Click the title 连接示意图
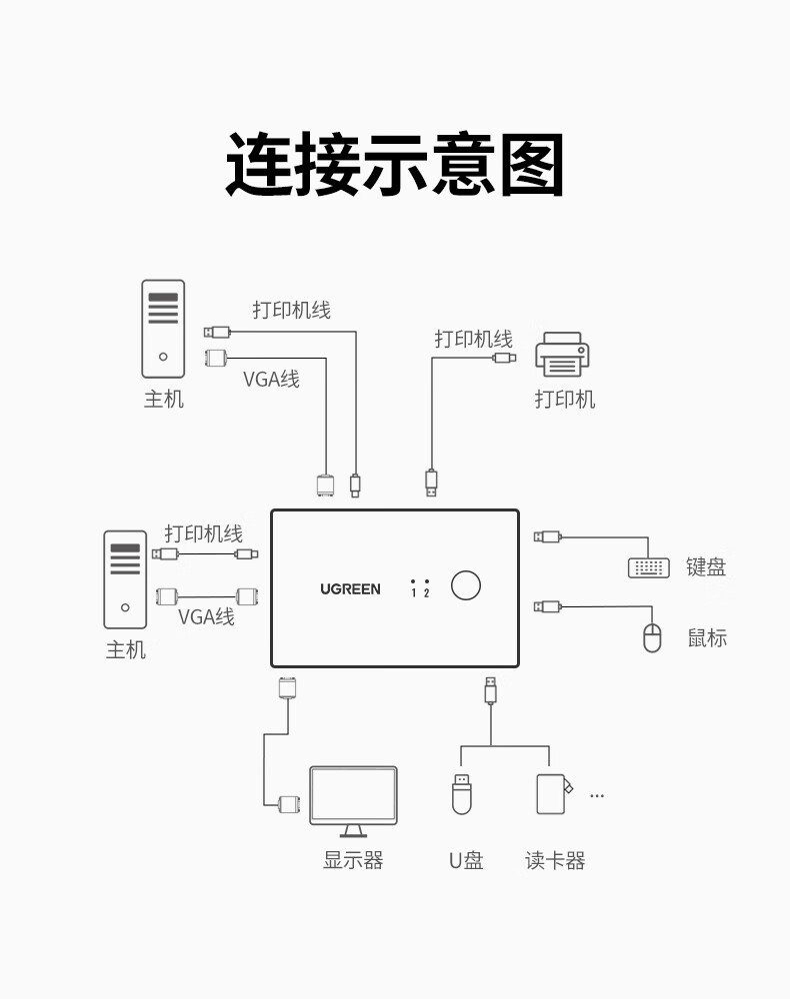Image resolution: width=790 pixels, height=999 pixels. (395, 165)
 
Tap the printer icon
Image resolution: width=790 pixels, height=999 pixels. (562, 356)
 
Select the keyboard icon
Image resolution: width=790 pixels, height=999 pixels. (649, 567)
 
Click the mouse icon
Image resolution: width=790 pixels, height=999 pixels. (652, 637)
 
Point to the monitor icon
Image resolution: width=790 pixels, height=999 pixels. (353, 800)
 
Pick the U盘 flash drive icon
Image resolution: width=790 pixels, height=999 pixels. (461, 793)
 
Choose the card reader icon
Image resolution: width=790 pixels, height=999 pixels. (553, 793)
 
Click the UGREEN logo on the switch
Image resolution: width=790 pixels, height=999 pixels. (350, 589)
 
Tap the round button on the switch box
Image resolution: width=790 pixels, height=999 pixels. (465, 585)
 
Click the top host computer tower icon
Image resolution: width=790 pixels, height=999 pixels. (163, 328)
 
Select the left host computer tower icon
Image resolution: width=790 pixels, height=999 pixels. (125, 578)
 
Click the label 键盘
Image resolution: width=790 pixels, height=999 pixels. (706, 567)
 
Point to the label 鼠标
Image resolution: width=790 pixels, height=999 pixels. (707, 637)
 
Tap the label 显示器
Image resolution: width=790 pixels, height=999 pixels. (353, 860)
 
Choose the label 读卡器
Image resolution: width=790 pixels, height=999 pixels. (555, 860)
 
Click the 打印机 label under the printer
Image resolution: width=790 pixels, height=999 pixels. (564, 400)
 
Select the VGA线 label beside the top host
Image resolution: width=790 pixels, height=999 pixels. (271, 380)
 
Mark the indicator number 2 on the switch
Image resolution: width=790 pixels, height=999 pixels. (427, 592)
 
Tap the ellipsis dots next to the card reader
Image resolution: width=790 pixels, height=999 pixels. (597, 796)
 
